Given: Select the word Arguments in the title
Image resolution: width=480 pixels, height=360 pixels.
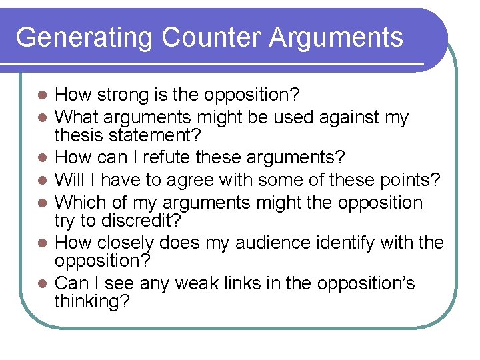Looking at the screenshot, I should coord(336,38).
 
